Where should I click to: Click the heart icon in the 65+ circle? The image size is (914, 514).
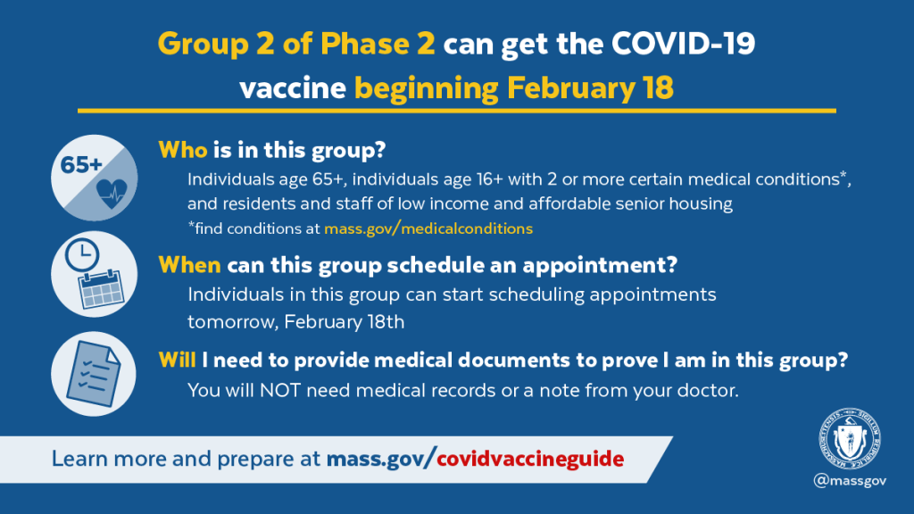point(112,194)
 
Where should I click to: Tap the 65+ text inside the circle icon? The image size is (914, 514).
point(81,165)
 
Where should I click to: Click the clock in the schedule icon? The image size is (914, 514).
point(82,254)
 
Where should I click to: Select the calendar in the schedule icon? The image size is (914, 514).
point(102,289)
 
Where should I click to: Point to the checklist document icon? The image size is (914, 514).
point(94,374)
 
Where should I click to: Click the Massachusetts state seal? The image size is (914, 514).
point(850,439)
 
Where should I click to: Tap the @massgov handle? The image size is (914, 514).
point(850,481)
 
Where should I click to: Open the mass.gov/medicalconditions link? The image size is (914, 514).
point(428,228)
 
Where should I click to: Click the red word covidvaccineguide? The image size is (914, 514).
point(530,459)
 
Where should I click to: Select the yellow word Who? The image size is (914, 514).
point(182,150)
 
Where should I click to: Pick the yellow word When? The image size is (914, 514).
point(189,265)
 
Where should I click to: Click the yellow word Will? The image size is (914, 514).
point(177,361)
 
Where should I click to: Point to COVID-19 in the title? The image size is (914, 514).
point(683,44)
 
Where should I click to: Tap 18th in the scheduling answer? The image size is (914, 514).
point(386,321)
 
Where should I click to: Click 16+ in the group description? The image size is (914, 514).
point(489,178)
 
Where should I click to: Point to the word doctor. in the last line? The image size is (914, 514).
point(708,391)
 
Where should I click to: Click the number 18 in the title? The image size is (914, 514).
point(658,88)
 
